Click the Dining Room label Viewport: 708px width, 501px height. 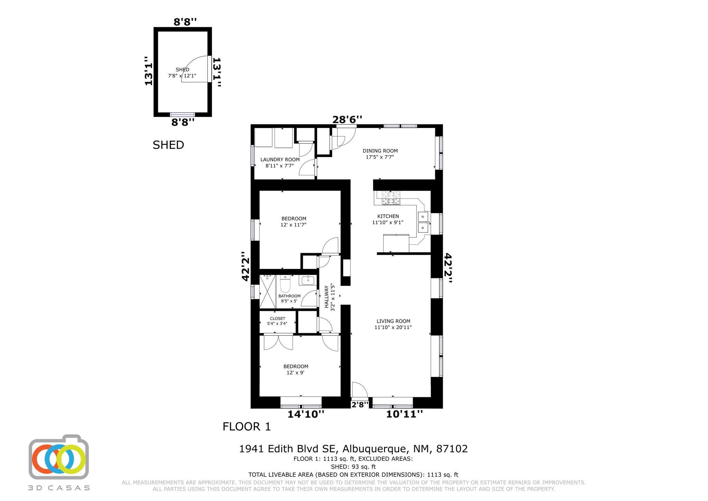(x=380, y=154)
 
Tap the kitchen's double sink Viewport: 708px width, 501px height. (x=423, y=222)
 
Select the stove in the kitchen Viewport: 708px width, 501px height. (x=391, y=198)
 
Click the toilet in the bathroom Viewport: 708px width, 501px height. (x=285, y=284)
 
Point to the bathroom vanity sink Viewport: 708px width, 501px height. (x=307, y=280)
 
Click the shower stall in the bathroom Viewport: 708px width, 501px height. (x=267, y=291)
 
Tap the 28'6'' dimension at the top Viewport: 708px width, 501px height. (x=347, y=120)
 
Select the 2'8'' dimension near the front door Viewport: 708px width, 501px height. (x=360, y=404)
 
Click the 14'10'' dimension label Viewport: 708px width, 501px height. (x=306, y=414)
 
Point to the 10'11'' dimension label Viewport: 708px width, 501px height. (x=404, y=414)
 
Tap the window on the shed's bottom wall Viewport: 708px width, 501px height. (x=183, y=114)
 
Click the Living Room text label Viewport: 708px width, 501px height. (x=393, y=324)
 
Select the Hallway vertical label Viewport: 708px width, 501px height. (x=329, y=297)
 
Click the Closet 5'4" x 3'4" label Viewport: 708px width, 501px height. (x=277, y=321)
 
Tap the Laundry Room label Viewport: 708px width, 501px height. (x=280, y=163)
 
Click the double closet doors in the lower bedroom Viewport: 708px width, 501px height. (x=278, y=342)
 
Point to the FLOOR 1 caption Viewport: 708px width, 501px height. (x=246, y=427)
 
